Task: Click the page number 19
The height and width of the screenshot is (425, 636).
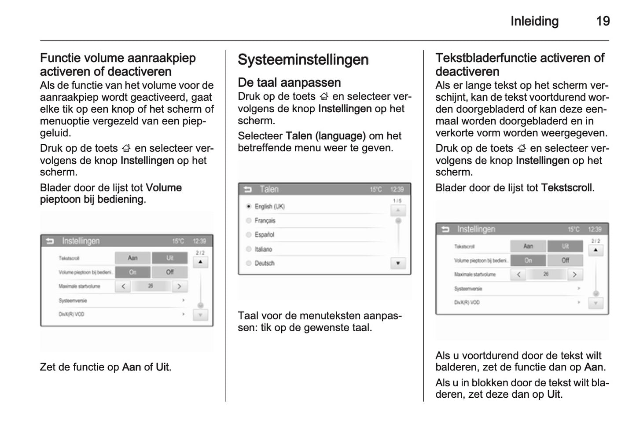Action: [x=603, y=21]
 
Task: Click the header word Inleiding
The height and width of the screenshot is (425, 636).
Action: [x=534, y=21]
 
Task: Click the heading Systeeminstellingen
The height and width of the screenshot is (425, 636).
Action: [x=303, y=60]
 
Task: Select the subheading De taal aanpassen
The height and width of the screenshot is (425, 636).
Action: [x=289, y=83]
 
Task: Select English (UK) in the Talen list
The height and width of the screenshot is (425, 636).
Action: [x=269, y=206]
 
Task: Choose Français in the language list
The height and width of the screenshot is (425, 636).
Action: [x=265, y=220]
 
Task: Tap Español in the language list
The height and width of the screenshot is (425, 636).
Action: [x=264, y=234]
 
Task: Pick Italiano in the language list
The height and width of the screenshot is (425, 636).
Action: [x=263, y=249]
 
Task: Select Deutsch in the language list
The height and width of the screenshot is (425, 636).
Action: [x=264, y=263]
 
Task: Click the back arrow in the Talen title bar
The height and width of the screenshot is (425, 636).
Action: [x=247, y=189]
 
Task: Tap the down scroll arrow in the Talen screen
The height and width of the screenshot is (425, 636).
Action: [x=398, y=263]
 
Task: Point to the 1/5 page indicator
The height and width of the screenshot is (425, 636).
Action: [x=397, y=201]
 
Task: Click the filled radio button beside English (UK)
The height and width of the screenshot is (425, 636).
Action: [x=249, y=206]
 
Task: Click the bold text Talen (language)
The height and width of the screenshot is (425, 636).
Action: [x=326, y=136]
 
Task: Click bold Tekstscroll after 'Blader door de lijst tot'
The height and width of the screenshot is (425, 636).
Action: [x=566, y=188]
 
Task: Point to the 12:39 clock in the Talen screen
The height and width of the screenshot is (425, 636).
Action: [x=397, y=189]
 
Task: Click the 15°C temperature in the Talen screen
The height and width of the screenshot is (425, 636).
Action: [x=376, y=189]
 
